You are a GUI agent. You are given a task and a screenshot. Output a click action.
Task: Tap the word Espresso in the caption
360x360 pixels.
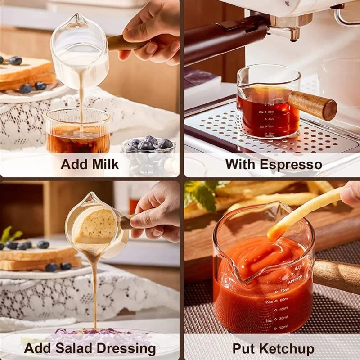click(293, 164)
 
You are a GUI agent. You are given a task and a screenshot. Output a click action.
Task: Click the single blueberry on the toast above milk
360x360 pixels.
click(15, 60)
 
